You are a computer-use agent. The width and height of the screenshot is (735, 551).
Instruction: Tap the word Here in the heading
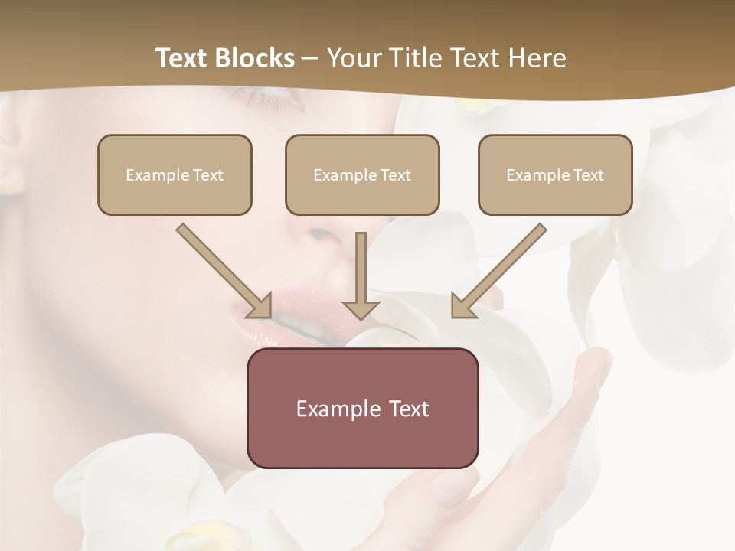click(x=536, y=58)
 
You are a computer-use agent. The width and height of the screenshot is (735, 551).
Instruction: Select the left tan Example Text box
click(x=175, y=175)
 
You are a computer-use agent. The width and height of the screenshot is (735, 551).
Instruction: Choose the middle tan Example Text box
click(x=362, y=175)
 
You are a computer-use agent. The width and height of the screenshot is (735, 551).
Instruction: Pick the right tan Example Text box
click(x=555, y=175)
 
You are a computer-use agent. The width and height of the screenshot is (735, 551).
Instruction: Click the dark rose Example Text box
click(x=362, y=409)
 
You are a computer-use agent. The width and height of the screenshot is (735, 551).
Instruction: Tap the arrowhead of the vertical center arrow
click(x=361, y=309)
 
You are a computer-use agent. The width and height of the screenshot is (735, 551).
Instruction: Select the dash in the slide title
click(x=310, y=58)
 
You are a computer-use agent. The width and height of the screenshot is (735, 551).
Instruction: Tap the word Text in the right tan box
click(x=588, y=175)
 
